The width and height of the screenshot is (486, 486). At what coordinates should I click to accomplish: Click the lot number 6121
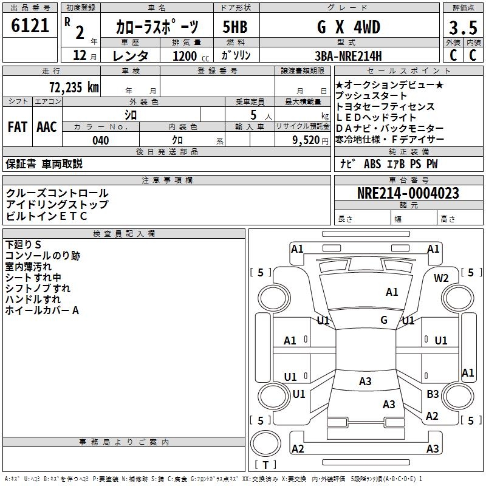click(30, 26)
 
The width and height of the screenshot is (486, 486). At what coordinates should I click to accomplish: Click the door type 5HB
click(234, 27)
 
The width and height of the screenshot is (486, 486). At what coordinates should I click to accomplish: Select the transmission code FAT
click(17, 126)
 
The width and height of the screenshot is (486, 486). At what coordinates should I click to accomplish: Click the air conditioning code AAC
click(46, 126)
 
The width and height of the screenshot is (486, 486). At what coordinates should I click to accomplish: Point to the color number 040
click(101, 140)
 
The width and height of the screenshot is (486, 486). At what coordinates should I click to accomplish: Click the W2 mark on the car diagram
click(441, 278)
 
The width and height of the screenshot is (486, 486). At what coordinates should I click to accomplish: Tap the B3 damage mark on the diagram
click(433, 394)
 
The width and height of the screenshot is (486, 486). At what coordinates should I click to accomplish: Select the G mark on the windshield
click(384, 320)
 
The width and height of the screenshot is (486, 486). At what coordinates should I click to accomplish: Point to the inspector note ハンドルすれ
click(33, 299)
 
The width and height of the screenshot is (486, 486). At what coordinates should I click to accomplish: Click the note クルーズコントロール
click(57, 193)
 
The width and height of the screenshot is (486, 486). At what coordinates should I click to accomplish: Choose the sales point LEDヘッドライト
click(376, 117)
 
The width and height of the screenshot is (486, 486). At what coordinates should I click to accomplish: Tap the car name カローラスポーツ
click(157, 27)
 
